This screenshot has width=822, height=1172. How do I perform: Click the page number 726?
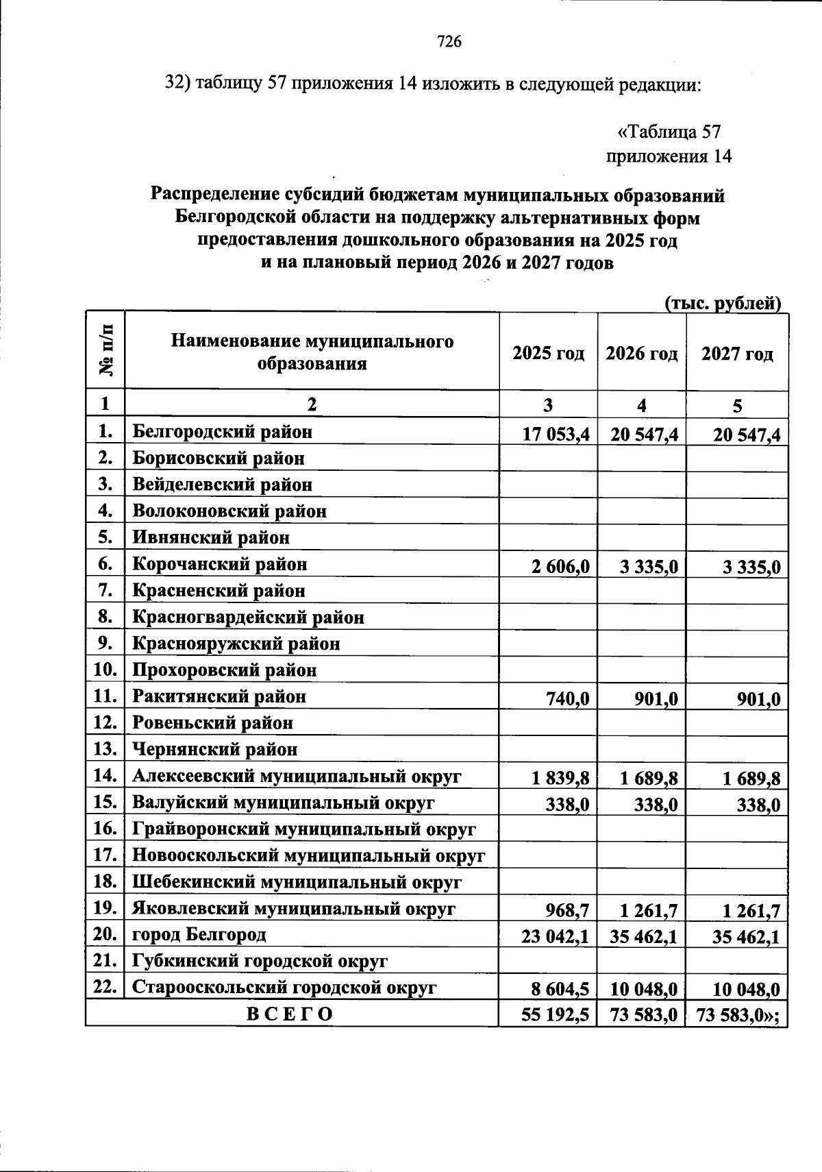(x=449, y=42)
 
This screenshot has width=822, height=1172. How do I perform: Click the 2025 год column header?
(x=548, y=354)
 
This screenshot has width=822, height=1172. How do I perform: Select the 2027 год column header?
(x=737, y=354)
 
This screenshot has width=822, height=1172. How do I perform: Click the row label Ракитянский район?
(x=219, y=697)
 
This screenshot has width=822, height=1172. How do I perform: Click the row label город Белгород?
(x=199, y=934)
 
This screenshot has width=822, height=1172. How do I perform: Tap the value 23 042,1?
(x=556, y=937)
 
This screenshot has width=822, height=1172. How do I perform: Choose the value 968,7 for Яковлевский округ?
(x=568, y=911)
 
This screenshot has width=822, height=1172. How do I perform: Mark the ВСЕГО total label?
(x=290, y=1014)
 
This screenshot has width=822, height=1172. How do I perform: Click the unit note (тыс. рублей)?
(x=723, y=303)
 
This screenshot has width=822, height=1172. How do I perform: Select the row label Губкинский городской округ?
(x=260, y=961)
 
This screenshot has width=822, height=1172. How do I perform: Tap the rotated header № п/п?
(x=106, y=351)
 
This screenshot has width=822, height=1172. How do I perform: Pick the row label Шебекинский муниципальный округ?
(x=297, y=882)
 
